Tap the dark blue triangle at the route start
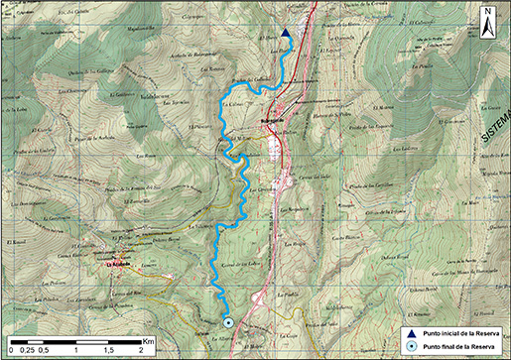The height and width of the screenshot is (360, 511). click(x=285, y=34)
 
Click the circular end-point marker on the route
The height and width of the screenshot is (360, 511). click(x=228, y=322)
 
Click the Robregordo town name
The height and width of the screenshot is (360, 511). click(x=273, y=119)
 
